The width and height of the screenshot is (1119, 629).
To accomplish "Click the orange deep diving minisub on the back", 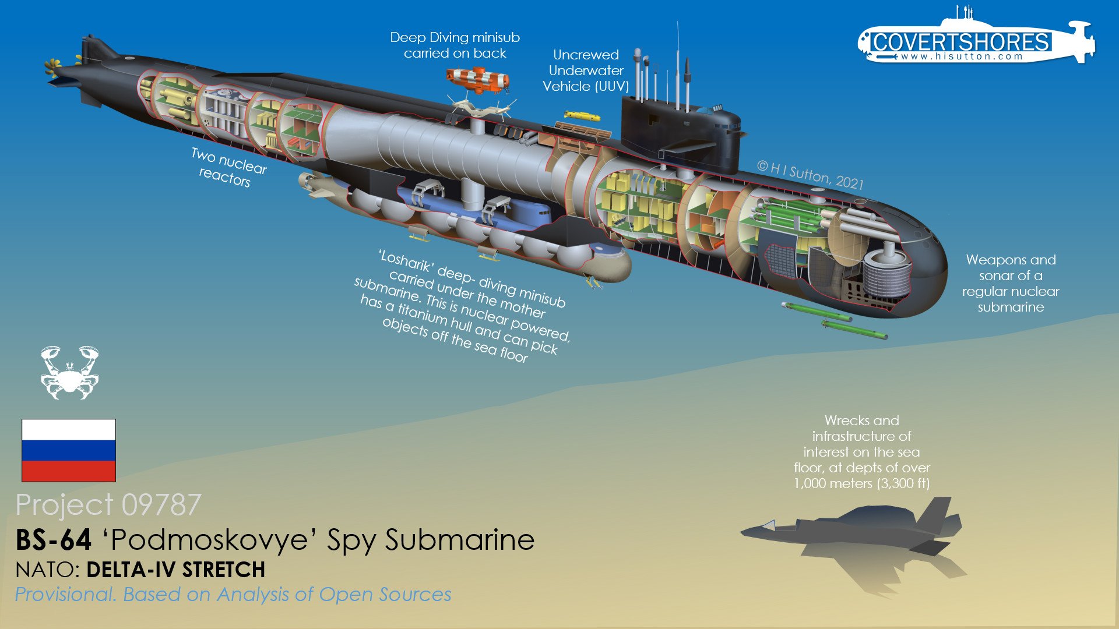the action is [x=478, y=80].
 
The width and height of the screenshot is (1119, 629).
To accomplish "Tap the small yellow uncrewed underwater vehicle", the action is [x=582, y=116].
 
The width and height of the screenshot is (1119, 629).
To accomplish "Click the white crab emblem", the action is [x=69, y=373].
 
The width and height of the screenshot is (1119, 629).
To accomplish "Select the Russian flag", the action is [x=69, y=450].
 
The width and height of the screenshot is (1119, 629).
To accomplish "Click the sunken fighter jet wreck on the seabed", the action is [x=854, y=533].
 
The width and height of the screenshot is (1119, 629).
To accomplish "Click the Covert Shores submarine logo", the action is [x=976, y=41].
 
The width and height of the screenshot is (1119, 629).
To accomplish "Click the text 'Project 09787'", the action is [x=108, y=504].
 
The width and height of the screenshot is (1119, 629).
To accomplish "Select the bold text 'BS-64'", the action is [x=54, y=540].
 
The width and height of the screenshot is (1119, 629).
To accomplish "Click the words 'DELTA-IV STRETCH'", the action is [x=175, y=570].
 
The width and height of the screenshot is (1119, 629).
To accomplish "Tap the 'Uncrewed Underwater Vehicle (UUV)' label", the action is [x=586, y=70].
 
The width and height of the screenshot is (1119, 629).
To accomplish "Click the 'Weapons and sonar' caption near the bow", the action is [x=1011, y=283].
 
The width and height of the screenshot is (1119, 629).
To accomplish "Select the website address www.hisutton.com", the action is [x=962, y=56].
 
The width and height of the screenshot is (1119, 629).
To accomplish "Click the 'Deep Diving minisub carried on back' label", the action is [x=455, y=45].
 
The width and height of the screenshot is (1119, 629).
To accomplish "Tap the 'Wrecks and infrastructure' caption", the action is [x=861, y=452].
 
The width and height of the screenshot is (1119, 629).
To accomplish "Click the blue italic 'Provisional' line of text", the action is [x=233, y=595].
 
